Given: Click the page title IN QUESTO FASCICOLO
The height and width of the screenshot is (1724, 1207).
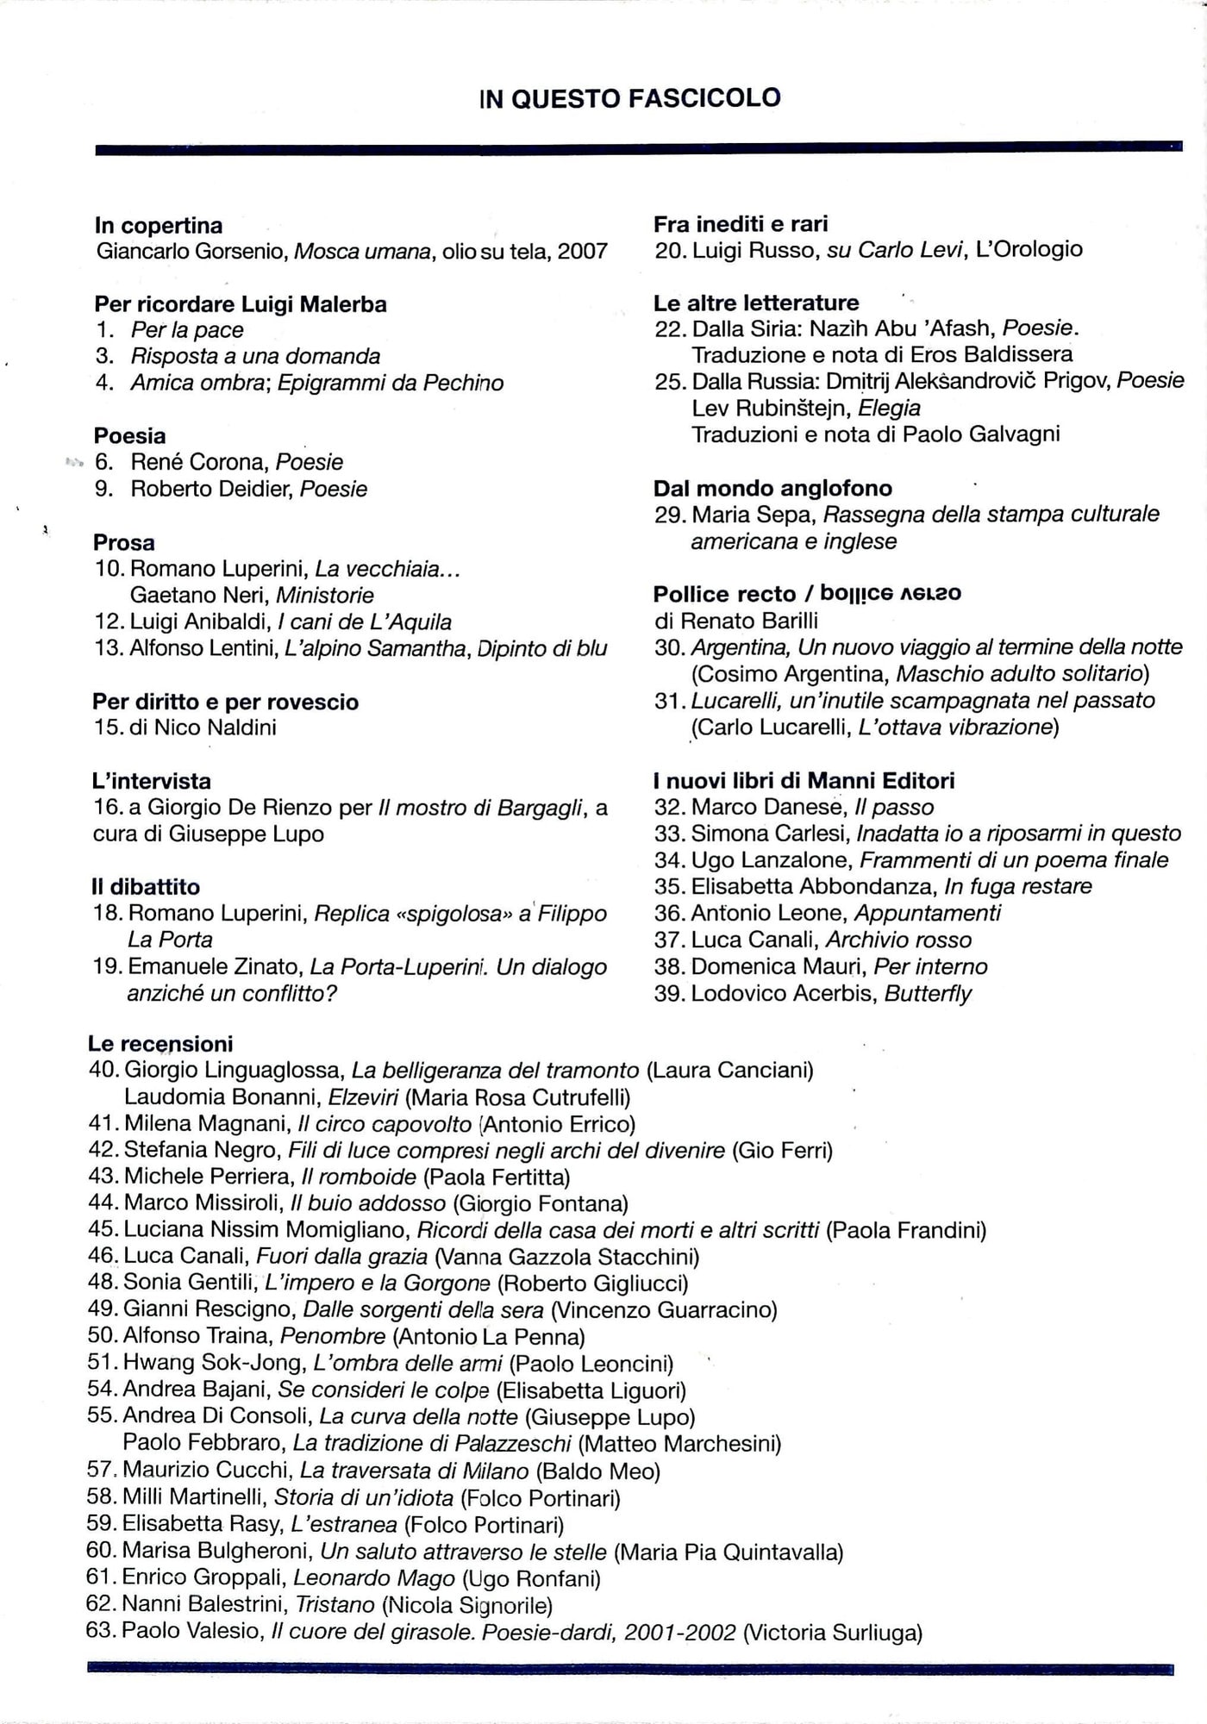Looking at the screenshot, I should click(x=629, y=98).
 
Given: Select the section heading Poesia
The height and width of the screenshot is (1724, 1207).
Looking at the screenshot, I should click(x=129, y=435).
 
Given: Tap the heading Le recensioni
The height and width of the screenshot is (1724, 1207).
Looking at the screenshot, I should click(x=160, y=1043).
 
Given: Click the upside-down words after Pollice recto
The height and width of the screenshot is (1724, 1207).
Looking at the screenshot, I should click(x=891, y=593).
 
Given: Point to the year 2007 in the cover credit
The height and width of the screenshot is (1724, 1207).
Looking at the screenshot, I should click(x=582, y=251).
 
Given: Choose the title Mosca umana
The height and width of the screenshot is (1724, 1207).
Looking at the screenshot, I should click(x=362, y=251).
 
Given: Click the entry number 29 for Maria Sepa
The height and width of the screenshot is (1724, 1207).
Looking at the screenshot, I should click(x=670, y=515).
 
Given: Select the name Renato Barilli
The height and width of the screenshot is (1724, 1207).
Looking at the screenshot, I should click(x=749, y=621).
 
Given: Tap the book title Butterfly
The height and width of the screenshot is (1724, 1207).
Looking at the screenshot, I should click(x=928, y=993).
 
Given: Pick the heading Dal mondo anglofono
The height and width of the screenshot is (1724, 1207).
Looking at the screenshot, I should click(x=772, y=488).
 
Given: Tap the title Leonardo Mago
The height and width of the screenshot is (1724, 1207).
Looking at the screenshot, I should click(x=374, y=1577).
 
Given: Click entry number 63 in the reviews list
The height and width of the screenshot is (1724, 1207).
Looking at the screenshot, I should click(x=102, y=1631).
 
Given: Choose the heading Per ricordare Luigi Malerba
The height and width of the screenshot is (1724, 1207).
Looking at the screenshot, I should click(x=241, y=303).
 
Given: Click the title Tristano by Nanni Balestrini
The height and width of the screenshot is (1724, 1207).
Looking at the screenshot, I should click(x=335, y=1604).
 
